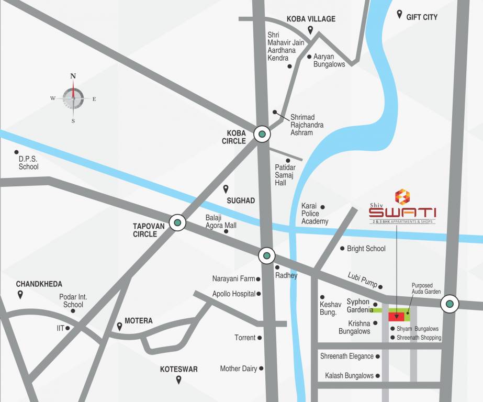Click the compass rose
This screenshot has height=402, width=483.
coord(73,98)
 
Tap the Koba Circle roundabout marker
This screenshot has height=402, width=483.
coord(262,134)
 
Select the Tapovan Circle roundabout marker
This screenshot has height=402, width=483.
coord(178,222)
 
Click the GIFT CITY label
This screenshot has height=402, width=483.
coord(421,17)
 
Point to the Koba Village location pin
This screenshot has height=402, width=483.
coord(310,30)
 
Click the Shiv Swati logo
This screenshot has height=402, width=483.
coord(402,207)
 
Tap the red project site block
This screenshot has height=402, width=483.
coord(396,316)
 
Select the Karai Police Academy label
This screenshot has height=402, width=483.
coord(314,214)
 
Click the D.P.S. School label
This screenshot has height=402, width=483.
coord(28,163)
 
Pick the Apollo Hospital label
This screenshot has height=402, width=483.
coord(233,294)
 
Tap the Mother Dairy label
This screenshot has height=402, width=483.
coord(238,368)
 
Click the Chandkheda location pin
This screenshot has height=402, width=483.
coord(20,295)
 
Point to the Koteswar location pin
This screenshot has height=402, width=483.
coord(178,380)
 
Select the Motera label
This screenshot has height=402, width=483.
coord(138,321)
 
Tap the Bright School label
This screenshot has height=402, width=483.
coord(366,249)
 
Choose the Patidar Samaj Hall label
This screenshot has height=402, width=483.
coord(285,175)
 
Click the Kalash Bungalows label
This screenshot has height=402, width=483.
coord(349,376)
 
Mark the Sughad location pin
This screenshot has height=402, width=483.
coord(226,189)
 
